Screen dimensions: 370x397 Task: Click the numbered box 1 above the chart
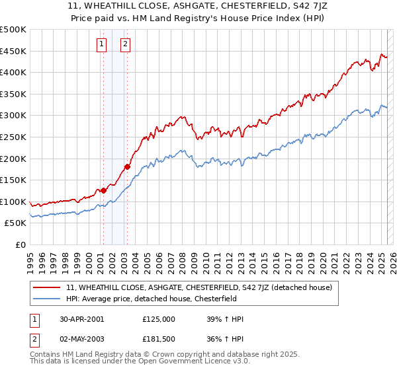click(x=102, y=44)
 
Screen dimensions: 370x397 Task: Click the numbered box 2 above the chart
click(x=125, y=44)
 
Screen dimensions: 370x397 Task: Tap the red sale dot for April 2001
click(x=103, y=190)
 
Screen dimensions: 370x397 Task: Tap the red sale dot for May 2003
click(x=127, y=166)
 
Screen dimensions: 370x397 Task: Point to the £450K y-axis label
click(x=13, y=51)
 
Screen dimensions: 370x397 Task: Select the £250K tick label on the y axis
click(x=13, y=137)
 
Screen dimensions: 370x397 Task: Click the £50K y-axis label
click(x=16, y=223)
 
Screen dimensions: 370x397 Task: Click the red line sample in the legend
click(x=46, y=287)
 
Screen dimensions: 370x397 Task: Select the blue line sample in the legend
click(x=46, y=299)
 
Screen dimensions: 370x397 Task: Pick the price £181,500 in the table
click(x=158, y=338)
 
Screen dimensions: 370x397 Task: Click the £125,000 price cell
click(x=158, y=319)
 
